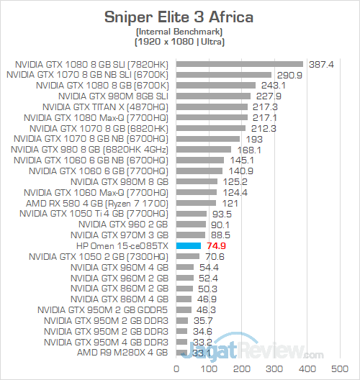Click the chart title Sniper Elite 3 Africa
click(x=180, y=16)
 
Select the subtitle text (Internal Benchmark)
click(x=180, y=31)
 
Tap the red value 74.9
click(x=217, y=245)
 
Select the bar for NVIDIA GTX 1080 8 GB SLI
click(x=238, y=63)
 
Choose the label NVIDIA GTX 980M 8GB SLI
click(x=114, y=95)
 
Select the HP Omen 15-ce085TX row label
click(x=122, y=245)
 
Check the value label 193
click(x=253, y=138)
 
